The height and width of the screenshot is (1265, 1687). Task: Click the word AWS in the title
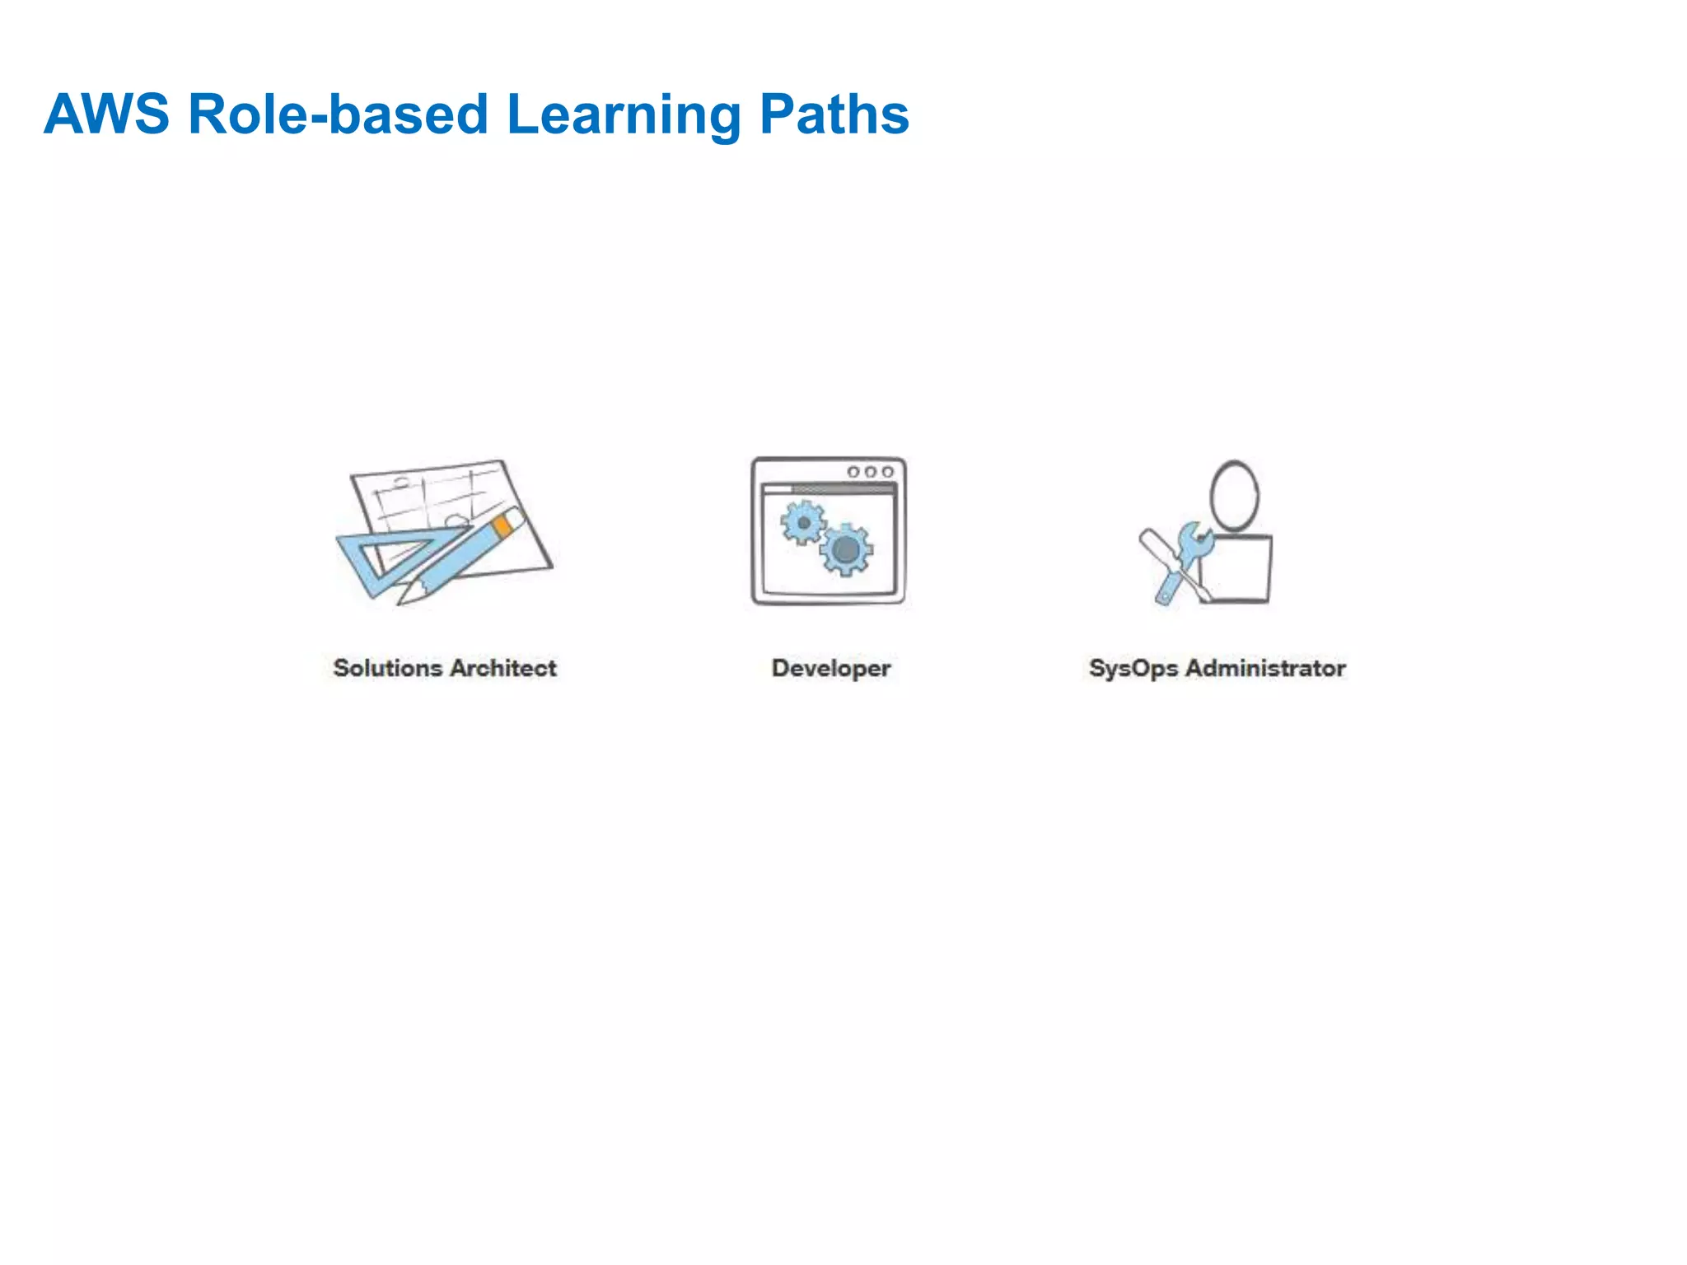pos(106,114)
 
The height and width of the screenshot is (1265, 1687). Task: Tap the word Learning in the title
pos(624,115)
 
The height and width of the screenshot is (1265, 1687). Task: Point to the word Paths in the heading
pos(834,114)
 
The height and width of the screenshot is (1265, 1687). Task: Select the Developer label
pos(830,669)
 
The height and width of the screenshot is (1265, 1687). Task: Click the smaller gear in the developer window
pos(803,523)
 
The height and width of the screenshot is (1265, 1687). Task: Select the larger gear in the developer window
pos(846,549)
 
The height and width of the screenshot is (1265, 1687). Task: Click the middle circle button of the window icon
pos(870,472)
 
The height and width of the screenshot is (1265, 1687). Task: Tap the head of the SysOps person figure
pos(1234,495)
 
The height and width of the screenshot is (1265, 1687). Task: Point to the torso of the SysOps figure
pos(1236,569)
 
